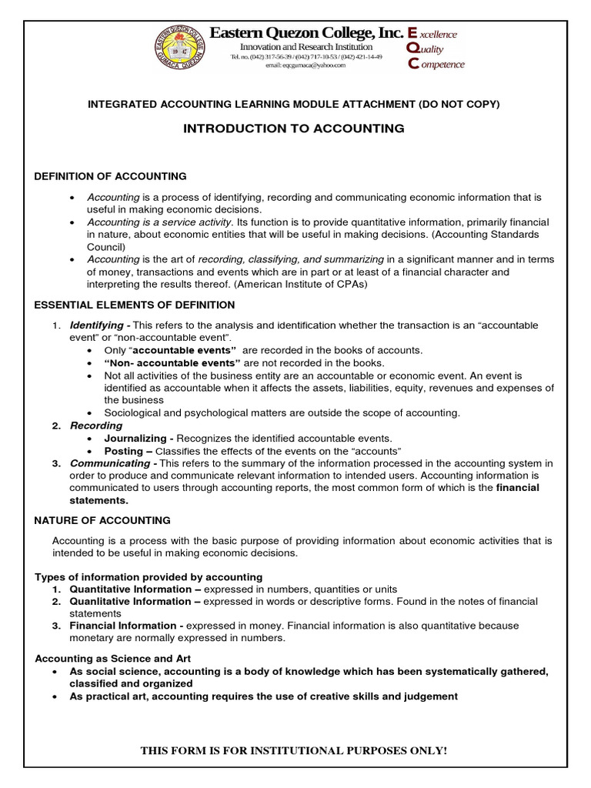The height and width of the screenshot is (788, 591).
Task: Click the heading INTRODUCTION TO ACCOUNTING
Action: point(293,129)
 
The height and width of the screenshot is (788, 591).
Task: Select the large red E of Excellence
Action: point(412,33)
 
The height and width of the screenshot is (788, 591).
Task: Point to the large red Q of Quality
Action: point(412,48)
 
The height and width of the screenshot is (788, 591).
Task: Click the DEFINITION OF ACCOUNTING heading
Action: point(110,176)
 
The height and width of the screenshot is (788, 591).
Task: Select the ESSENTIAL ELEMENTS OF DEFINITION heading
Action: point(135,306)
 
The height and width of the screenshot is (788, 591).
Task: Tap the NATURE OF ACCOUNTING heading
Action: point(102,521)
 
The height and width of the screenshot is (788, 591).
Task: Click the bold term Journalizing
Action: point(135,438)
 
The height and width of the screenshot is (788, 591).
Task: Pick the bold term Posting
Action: point(123,450)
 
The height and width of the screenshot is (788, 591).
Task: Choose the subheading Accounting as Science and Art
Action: point(113,659)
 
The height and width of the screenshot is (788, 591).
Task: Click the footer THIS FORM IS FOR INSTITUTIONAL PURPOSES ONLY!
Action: point(293,750)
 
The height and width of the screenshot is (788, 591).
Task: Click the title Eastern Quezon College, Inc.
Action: point(306,33)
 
